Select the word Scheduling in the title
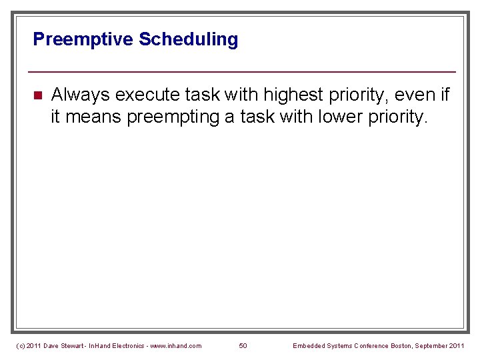pyautogui.click(x=188, y=40)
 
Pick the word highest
pyautogui.click(x=295, y=95)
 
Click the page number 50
pyautogui.click(x=243, y=345)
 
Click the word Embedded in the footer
pyautogui.click(x=309, y=345)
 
